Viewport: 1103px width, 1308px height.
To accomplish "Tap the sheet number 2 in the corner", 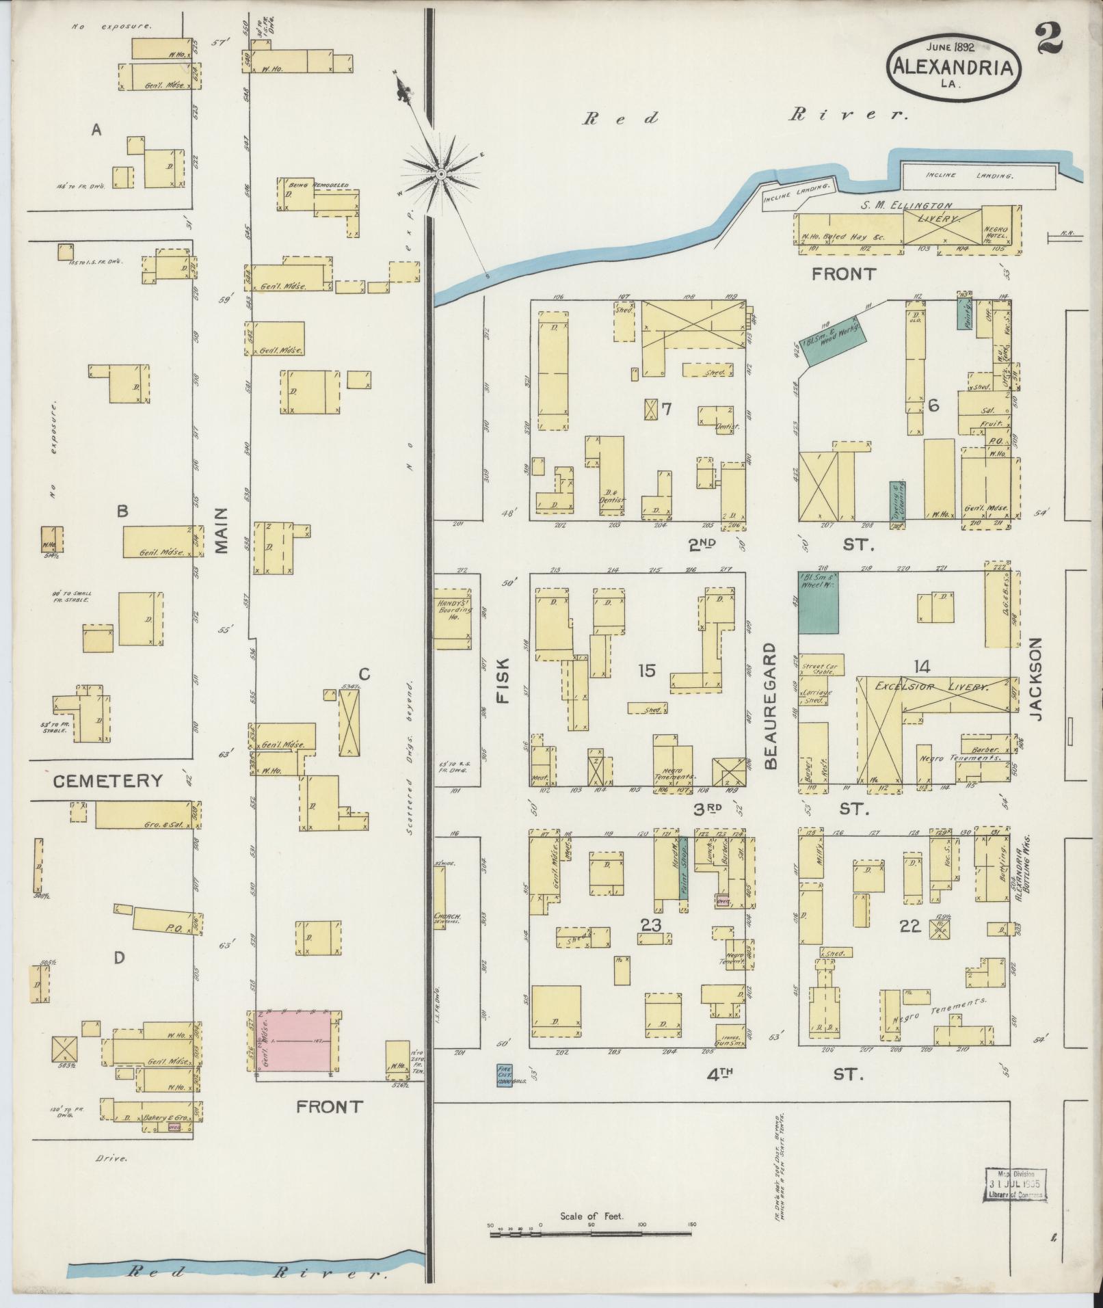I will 1048,38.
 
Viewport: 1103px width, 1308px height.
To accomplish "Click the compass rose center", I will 442,175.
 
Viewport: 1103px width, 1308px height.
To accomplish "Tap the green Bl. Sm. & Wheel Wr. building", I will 819,602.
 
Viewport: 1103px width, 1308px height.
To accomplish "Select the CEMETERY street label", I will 107,781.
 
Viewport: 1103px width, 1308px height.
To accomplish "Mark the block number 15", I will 646,671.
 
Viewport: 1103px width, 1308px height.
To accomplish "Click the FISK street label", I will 503,681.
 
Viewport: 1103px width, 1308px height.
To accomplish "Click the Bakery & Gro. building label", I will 162,1118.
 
